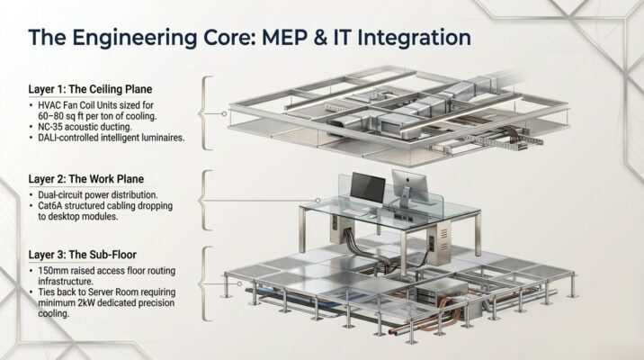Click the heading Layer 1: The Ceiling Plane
click(90, 89)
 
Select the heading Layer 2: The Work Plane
click(86, 179)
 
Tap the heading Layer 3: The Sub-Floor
click(83, 255)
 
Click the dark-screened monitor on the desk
click(368, 187)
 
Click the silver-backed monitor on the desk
click(409, 187)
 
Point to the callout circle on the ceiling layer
click(224, 113)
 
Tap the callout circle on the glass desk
click(318, 201)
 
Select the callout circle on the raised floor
click(240, 283)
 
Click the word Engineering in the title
click(135, 39)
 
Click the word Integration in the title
click(414, 38)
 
